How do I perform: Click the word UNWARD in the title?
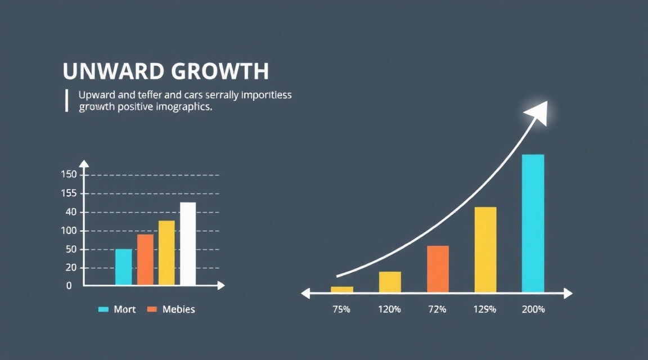106,71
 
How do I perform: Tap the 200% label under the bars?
533,309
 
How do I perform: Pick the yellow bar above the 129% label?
485,250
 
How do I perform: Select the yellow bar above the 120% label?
390,282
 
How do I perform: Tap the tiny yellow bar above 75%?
342,289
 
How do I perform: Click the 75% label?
341,309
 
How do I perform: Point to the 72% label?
437,309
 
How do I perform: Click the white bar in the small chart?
188,244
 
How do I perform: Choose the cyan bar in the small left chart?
124,267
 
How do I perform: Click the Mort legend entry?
118,309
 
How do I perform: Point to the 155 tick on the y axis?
68,193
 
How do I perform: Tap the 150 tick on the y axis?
68,174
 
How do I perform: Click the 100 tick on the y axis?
68,231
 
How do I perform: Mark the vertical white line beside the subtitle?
66,100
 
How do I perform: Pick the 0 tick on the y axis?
69,286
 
